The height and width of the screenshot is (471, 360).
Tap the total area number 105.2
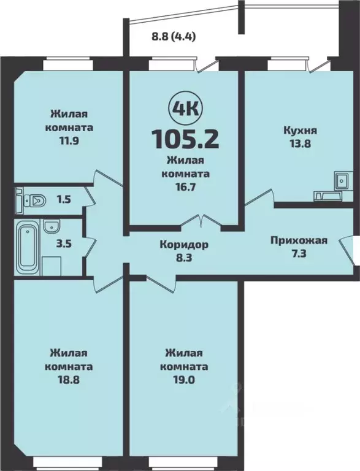coord(185,139)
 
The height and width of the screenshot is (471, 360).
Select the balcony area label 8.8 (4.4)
coord(174,36)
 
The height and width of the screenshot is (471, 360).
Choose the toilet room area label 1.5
coord(64,199)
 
